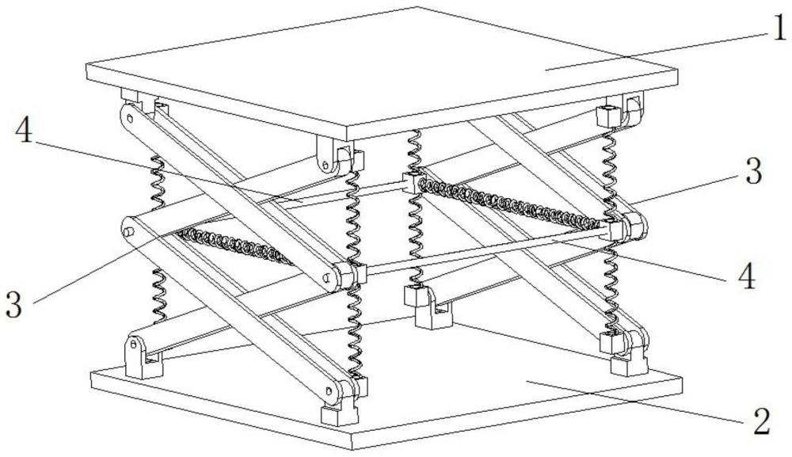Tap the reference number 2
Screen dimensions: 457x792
(x=761, y=421)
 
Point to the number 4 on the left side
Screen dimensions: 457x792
(x=25, y=132)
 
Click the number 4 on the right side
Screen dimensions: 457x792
(x=746, y=276)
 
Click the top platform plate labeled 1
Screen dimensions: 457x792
(x=380, y=67)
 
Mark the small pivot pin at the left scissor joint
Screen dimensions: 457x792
(x=127, y=232)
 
